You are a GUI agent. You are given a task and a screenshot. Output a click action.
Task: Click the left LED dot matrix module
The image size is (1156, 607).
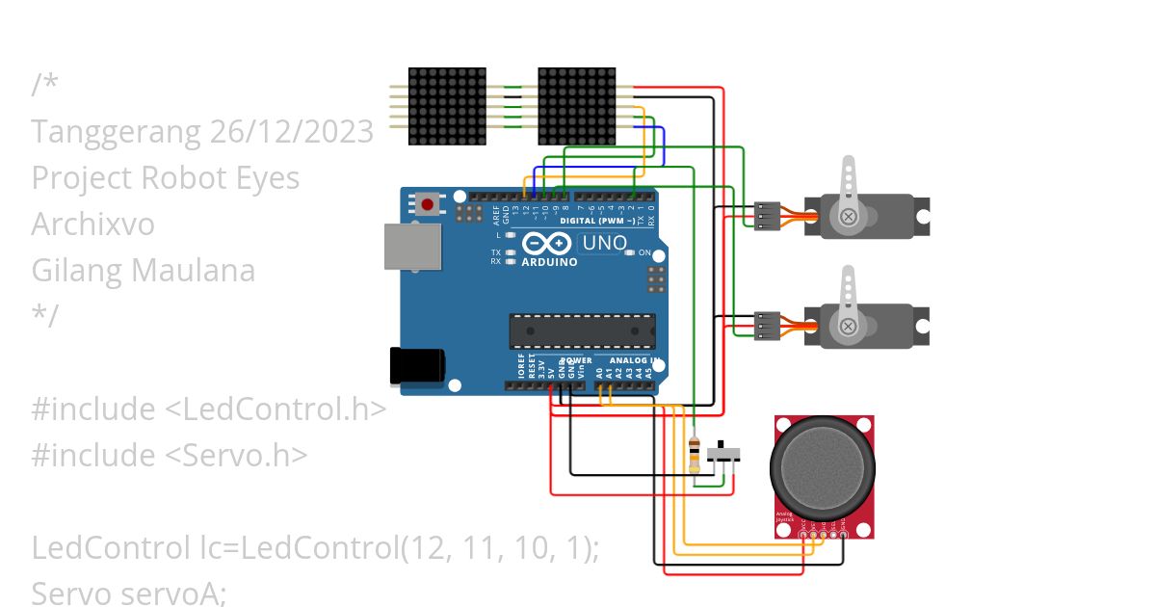tap(447, 106)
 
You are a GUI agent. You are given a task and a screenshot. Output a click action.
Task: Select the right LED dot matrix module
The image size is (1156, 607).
tap(576, 106)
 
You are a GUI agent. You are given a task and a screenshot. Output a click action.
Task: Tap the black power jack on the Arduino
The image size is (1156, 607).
tap(416, 366)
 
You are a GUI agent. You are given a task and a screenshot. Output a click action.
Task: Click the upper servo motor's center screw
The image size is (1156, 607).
tap(848, 217)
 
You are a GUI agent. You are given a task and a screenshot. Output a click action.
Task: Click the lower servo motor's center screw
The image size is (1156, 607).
tap(848, 327)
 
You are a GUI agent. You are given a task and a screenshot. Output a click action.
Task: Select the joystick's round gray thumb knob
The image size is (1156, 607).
tap(824, 468)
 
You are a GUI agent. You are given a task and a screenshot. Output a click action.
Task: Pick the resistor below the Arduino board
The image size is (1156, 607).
tap(696, 453)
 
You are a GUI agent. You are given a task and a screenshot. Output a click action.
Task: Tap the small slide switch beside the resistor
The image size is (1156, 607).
tap(723, 453)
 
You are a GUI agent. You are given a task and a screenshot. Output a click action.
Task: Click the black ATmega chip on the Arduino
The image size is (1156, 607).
tap(582, 330)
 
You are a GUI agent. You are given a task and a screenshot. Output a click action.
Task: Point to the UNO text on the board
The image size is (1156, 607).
tap(605, 243)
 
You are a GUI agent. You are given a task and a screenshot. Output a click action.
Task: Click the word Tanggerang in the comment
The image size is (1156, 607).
tap(118, 132)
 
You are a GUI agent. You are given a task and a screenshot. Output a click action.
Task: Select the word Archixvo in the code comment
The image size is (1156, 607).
tap(92, 224)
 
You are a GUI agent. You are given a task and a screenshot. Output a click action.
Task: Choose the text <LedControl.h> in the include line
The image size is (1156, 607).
tap(276, 409)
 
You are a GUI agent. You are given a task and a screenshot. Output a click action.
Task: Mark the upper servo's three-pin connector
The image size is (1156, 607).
tap(767, 217)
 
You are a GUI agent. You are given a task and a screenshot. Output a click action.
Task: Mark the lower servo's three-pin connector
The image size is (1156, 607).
tap(767, 327)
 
